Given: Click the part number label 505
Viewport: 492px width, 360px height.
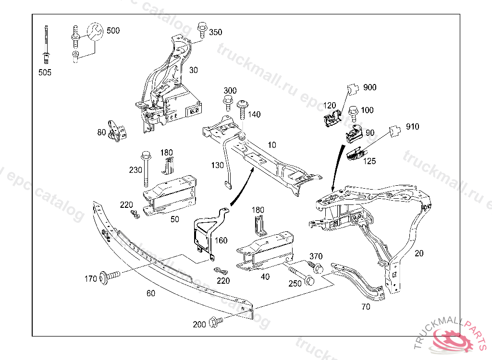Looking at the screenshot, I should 45,72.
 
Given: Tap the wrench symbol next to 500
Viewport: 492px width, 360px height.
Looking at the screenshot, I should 95,33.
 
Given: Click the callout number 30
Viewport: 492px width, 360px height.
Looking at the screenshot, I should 193,70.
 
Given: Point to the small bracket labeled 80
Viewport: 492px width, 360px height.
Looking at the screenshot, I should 116,131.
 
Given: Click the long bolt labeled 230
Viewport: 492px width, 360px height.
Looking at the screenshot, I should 146,169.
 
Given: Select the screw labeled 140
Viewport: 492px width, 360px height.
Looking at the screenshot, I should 242,111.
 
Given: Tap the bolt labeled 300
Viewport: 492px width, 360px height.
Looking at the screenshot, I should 227,105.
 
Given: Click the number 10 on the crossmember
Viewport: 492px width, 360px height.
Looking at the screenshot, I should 272,144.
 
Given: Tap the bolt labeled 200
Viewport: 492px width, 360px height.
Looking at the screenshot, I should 216,322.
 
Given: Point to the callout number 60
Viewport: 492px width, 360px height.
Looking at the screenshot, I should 150,293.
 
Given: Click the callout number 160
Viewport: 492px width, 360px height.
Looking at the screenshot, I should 221,240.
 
